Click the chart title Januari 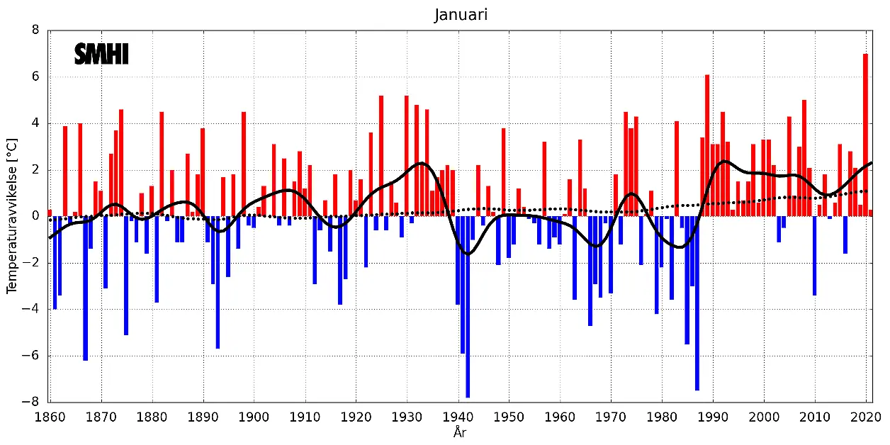[x=461, y=15]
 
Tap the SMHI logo [x=101, y=55]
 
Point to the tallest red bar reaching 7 [x=865, y=135]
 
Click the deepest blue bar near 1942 [x=468, y=307]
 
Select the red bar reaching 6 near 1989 [x=707, y=145]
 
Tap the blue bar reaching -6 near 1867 [x=85, y=288]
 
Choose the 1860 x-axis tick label [x=50, y=417]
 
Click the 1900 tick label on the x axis [x=254, y=417]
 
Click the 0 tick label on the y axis [x=36, y=217]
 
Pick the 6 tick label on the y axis [x=36, y=77]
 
